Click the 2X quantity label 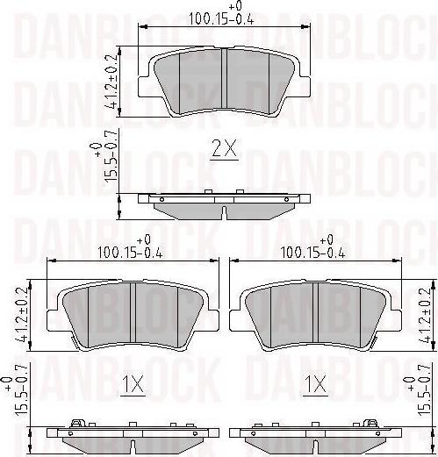point(225,150)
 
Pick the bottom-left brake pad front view point(132,316)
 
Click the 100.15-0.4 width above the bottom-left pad point(131,252)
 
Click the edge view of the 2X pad point(225,206)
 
